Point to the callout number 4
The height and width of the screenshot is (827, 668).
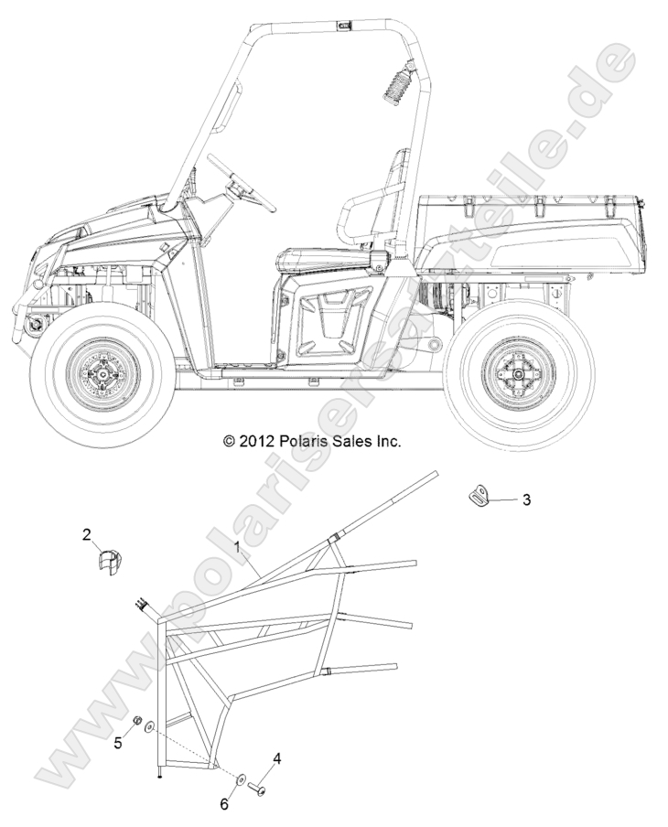point(276,758)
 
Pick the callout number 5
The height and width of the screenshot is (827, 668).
point(118,744)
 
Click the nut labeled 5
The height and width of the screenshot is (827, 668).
point(135,725)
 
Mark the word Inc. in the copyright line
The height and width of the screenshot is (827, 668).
point(384,441)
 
